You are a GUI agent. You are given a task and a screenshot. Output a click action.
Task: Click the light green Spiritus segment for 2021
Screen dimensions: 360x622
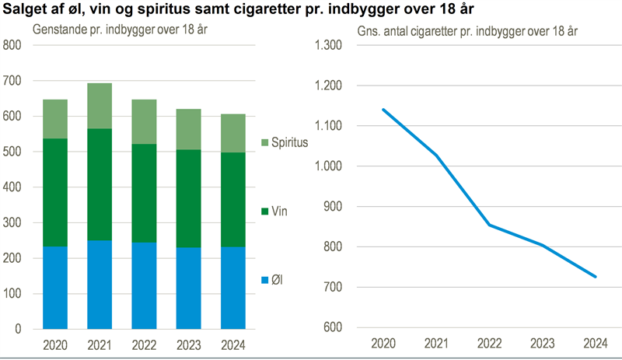click(100, 106)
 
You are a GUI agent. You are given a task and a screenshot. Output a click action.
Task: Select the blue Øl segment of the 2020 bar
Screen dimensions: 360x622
click(55, 288)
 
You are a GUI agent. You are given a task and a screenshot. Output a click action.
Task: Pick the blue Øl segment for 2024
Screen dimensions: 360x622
click(232, 288)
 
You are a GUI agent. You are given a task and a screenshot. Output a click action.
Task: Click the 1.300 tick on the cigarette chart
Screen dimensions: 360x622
click(327, 45)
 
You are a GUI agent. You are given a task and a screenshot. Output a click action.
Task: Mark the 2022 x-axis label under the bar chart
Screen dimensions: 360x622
click(144, 344)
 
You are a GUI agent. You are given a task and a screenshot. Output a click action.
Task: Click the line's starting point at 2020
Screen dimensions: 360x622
click(383, 110)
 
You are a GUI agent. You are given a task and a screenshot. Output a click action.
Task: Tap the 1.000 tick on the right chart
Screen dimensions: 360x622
click(327, 166)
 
